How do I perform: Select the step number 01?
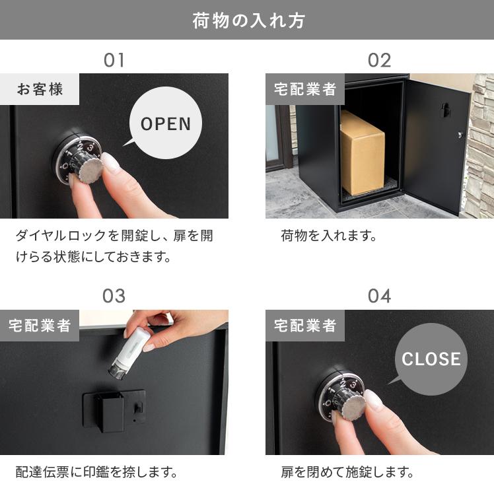click(x=114, y=60)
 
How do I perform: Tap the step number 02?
click(x=379, y=60)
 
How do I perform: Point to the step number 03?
click(x=114, y=296)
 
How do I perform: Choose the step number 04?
click(x=379, y=296)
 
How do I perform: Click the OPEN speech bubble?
click(x=165, y=123)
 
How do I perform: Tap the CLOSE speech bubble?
click(x=431, y=359)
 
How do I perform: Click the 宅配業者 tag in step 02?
click(x=305, y=89)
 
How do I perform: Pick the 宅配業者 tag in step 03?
click(x=40, y=326)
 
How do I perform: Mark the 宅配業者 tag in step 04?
click(x=305, y=326)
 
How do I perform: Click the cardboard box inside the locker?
click(x=362, y=153)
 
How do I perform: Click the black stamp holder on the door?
click(x=104, y=409)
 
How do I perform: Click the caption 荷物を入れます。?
click(x=328, y=236)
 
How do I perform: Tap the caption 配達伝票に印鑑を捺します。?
click(x=96, y=472)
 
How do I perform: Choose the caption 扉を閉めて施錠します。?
click(x=347, y=472)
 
